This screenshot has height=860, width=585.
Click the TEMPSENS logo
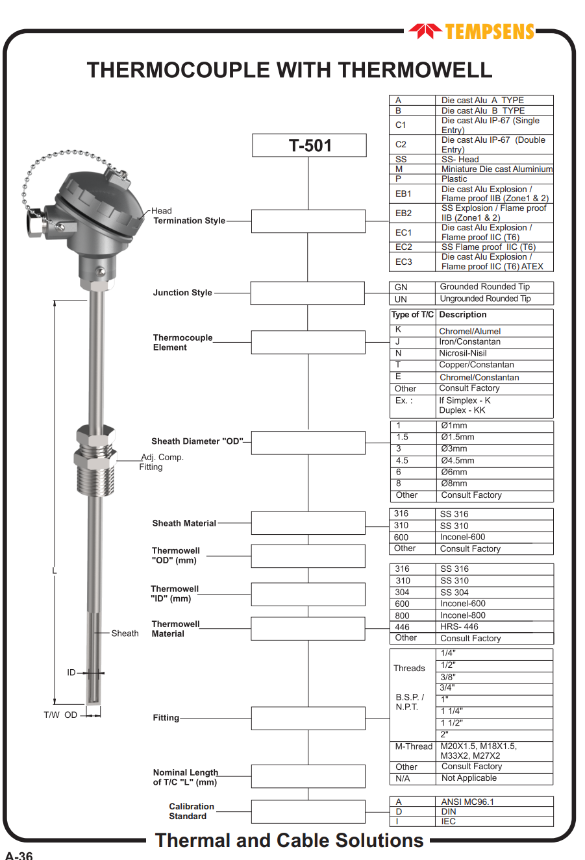(x=472, y=31)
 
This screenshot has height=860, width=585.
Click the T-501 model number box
(x=309, y=145)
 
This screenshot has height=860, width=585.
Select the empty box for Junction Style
(x=308, y=293)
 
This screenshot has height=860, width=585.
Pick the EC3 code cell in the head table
(x=404, y=262)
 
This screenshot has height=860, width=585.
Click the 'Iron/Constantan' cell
(x=470, y=342)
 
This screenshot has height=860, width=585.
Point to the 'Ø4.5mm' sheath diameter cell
(x=458, y=461)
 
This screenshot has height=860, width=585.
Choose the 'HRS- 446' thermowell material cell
(x=460, y=627)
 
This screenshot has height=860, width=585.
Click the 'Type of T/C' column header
(x=413, y=315)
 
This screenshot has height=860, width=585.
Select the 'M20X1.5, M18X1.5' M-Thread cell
(x=479, y=751)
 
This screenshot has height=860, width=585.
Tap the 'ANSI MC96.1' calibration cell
(x=467, y=802)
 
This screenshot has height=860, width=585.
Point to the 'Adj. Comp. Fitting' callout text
(x=162, y=462)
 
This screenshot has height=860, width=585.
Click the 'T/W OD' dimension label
(x=60, y=715)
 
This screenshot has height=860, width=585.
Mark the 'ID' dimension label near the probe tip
(x=71, y=672)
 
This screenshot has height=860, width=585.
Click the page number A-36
(x=19, y=854)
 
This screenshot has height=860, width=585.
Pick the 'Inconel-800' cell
(x=463, y=615)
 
